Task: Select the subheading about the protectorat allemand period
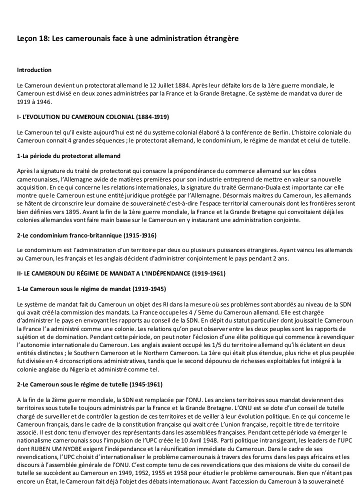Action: click(x=65, y=156)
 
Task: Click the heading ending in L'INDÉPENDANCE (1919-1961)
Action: click(x=120, y=273)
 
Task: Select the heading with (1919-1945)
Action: click(x=91, y=289)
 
